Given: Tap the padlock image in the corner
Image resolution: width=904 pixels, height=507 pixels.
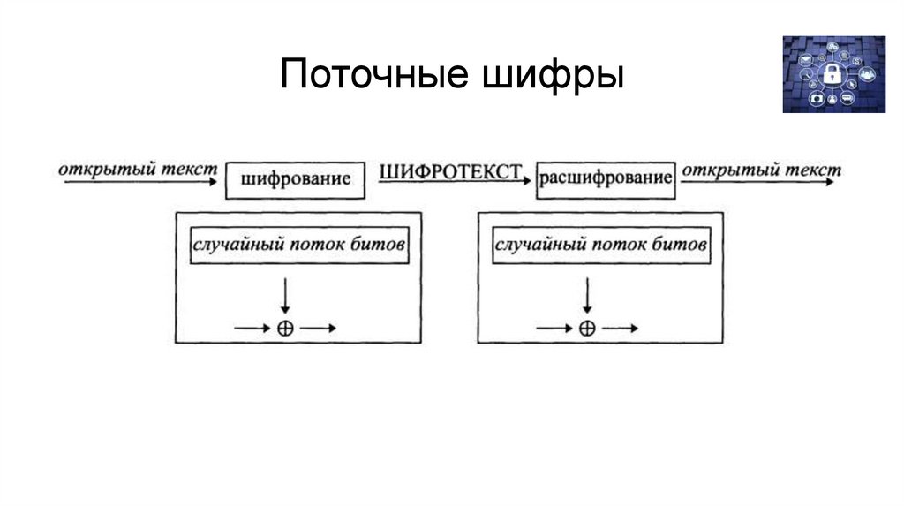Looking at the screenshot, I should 832,74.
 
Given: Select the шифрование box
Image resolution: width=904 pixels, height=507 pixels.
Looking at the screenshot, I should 294,179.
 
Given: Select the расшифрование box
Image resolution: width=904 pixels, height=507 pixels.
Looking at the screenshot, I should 606,179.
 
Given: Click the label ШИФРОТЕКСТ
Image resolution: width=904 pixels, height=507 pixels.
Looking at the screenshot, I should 451,172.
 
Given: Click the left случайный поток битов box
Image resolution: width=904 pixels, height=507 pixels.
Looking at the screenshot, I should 299,244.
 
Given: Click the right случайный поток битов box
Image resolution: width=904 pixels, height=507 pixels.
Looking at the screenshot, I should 600,244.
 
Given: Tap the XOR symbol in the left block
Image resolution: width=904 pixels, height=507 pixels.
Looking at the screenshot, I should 284,328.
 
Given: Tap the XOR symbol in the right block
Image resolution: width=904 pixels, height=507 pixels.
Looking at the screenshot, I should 586,328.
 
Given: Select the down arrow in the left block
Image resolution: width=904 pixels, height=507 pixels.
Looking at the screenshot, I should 284,296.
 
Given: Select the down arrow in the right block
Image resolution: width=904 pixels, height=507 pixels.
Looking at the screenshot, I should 586,296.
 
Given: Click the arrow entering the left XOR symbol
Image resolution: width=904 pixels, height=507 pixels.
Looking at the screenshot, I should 252,328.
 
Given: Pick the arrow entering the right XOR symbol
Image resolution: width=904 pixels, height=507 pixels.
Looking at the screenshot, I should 554,328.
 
